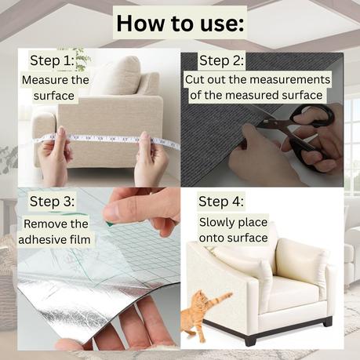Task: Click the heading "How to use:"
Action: coord(180,24)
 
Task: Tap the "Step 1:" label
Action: coord(52,60)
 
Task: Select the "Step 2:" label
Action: coord(221,60)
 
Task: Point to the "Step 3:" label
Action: coord(52,202)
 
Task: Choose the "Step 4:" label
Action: coord(221,202)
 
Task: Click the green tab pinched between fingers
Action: coord(109,223)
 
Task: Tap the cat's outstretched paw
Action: coord(228,295)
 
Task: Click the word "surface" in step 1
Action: coord(54,96)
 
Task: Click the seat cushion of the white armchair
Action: coord(293,291)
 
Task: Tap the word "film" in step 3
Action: coord(80,239)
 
